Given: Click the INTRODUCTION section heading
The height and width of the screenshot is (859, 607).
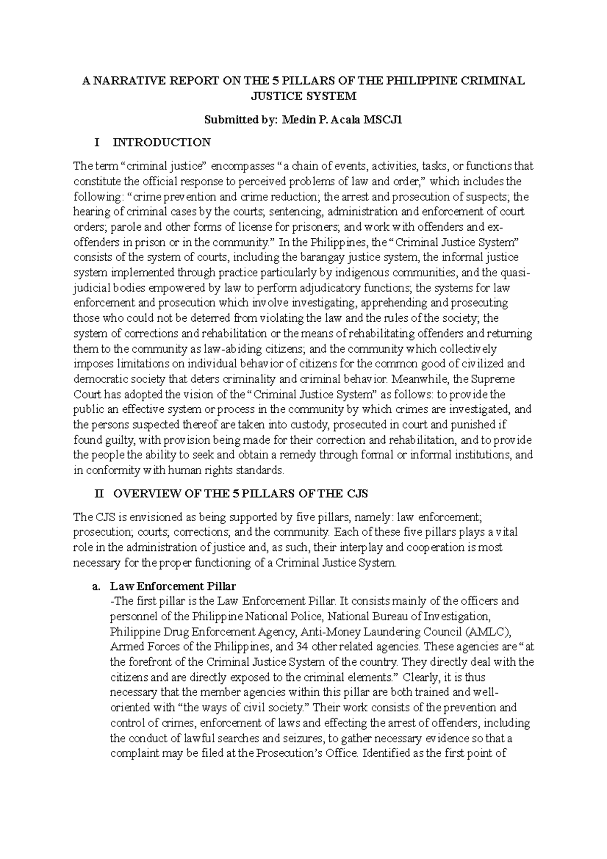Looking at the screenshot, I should point(161,143).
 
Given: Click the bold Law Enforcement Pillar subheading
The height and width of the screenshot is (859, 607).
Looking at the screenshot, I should point(173,586).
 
